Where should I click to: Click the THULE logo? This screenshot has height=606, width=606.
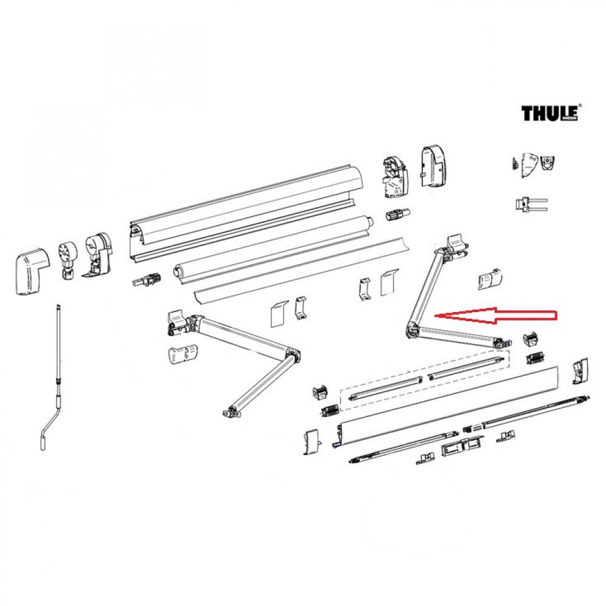click(x=551, y=113)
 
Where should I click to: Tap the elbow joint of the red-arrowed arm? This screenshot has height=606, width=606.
click(x=413, y=329)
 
